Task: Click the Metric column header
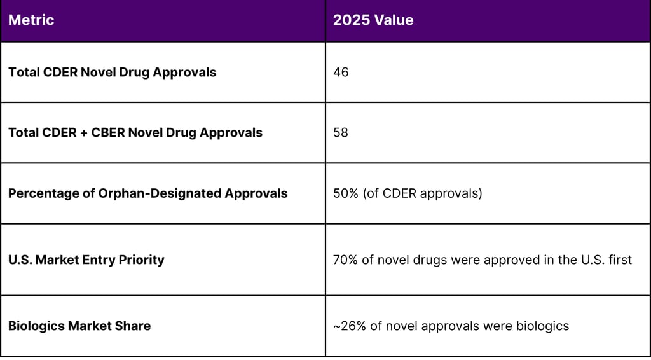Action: [31, 20]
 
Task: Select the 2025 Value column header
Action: [373, 20]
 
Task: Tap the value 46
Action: [341, 73]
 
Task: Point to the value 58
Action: [341, 133]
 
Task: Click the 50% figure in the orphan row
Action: [345, 193]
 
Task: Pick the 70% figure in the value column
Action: [345, 260]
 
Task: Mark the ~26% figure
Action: [346, 326]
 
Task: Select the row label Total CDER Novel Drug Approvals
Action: [112, 73]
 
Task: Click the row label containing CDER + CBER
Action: [135, 133]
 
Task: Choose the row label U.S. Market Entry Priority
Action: [86, 260]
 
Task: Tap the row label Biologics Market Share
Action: [79, 326]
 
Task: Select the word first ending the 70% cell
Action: [619, 260]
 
